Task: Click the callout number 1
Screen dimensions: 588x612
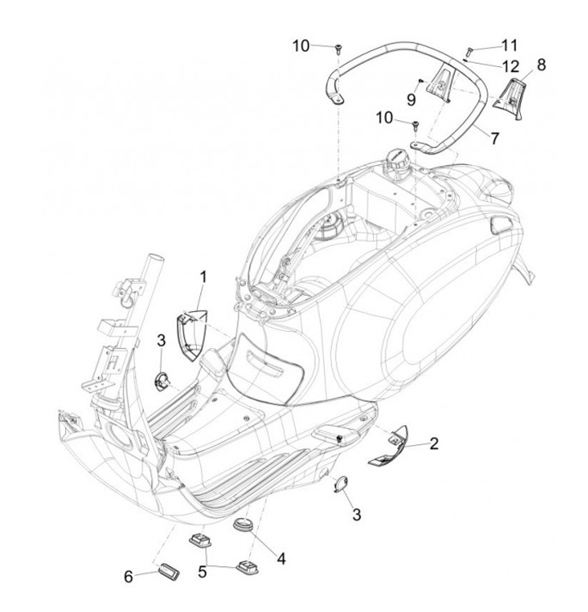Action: (203, 277)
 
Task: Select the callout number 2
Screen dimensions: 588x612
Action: (434, 444)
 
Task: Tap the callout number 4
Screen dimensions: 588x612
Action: (281, 559)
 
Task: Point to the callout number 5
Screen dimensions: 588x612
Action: (202, 572)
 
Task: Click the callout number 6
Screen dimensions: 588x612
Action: (128, 576)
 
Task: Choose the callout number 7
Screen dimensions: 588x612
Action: (495, 138)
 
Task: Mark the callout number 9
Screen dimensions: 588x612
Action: (412, 99)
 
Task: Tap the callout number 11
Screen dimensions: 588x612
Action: (509, 46)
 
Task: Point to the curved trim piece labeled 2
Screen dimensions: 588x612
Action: (390, 446)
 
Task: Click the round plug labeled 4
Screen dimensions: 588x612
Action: (243, 525)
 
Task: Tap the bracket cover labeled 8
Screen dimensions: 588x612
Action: (510, 98)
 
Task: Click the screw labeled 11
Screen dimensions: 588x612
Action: (469, 51)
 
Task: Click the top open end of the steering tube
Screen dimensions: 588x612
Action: (155, 258)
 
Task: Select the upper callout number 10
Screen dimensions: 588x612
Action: (301, 46)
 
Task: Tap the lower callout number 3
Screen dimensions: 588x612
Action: (357, 515)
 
